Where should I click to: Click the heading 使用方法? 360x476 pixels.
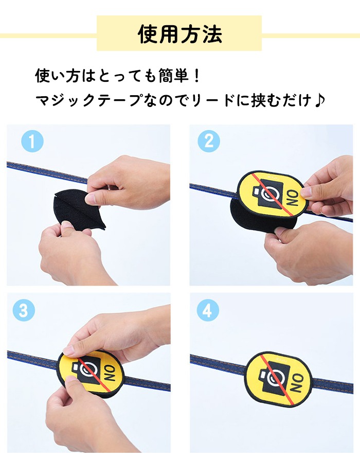coord(180,33)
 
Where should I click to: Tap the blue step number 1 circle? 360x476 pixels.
coord(32,141)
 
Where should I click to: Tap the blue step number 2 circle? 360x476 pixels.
coord(209,141)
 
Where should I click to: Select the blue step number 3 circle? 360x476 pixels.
coord(24,310)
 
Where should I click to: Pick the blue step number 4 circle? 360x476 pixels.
coord(208,310)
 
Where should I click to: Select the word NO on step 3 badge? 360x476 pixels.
coord(110,374)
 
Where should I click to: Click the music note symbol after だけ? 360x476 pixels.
coord(320,100)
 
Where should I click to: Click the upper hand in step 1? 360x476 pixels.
coord(128,183)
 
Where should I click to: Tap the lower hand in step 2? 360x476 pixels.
coord(307,252)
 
